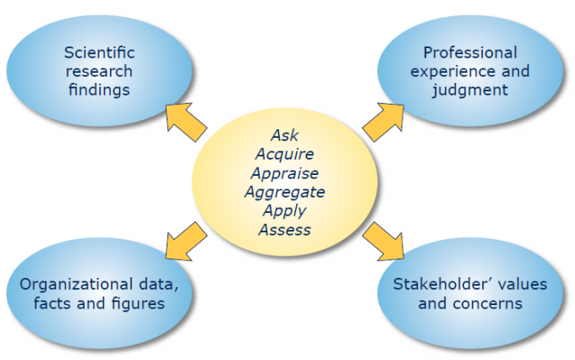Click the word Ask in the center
click(x=284, y=135)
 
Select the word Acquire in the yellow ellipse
click(x=284, y=154)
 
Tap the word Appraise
click(x=284, y=172)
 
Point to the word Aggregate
click(x=284, y=192)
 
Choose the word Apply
click(x=284, y=210)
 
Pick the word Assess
click(x=284, y=229)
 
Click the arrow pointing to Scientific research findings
click(x=185, y=121)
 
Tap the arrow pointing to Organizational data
click(x=185, y=240)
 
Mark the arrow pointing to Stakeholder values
click(x=384, y=240)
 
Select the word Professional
click(x=469, y=52)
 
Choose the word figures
click(x=136, y=303)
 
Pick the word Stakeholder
click(x=439, y=284)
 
